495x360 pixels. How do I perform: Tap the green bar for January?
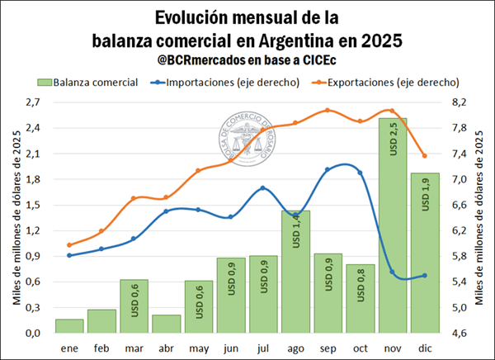[69, 325]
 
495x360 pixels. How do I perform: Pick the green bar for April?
[167, 324]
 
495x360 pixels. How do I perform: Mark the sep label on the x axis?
[328, 348]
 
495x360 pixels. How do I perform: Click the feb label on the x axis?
[101, 348]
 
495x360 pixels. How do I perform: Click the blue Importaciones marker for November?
[392, 273]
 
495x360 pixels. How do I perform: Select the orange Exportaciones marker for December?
[424, 156]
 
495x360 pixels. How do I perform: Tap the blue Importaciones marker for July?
[263, 188]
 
